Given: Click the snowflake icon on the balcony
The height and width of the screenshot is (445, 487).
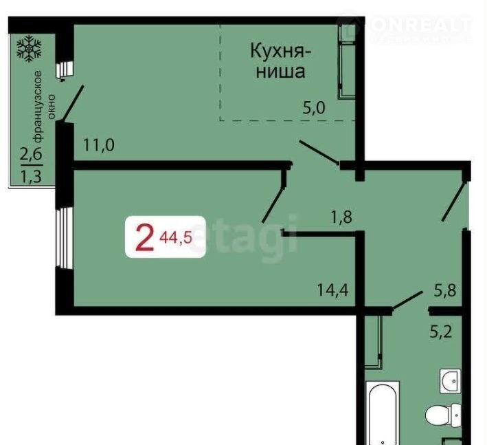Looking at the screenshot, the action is pyautogui.click(x=29, y=48).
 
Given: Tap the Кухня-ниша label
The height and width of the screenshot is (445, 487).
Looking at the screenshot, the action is pyautogui.click(x=280, y=61).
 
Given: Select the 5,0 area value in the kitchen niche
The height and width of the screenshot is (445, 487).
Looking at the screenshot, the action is pyautogui.click(x=314, y=108).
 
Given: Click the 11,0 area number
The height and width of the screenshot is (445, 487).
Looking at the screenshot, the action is pyautogui.click(x=99, y=145).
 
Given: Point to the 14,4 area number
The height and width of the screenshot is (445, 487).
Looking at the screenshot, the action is pyautogui.click(x=332, y=290).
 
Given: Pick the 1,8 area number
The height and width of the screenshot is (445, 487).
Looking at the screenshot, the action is pyautogui.click(x=341, y=217).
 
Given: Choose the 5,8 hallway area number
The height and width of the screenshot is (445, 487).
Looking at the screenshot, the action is pyautogui.click(x=445, y=291).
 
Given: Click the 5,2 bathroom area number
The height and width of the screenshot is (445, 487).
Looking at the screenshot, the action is pyautogui.click(x=441, y=332).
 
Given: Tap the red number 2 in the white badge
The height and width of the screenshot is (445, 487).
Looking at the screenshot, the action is pyautogui.click(x=145, y=238).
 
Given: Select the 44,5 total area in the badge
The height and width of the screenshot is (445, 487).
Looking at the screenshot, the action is pyautogui.click(x=176, y=238).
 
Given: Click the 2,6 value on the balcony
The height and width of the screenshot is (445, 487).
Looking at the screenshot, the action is pyautogui.click(x=31, y=154).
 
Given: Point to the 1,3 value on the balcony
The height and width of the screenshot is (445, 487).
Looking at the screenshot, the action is pyautogui.click(x=31, y=177).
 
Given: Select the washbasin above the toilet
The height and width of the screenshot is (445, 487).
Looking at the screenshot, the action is pyautogui.click(x=451, y=381).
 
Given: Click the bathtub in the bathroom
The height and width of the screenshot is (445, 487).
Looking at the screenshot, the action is pyautogui.click(x=383, y=413).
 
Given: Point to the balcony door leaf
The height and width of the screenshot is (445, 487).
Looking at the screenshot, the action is pyautogui.click(x=73, y=103).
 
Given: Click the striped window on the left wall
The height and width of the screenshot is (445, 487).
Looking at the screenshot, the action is pyautogui.click(x=64, y=238).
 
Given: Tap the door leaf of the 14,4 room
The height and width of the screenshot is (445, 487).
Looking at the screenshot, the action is pyautogui.click(x=273, y=205).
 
